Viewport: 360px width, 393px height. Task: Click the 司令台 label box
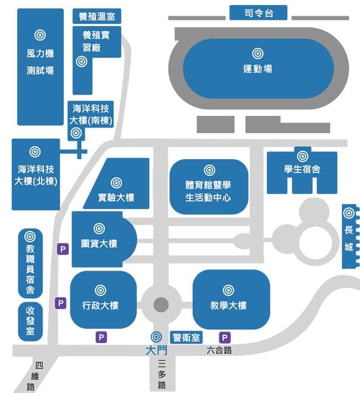258,13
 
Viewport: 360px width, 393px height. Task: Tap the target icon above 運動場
258,53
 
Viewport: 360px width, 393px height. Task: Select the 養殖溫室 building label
97,16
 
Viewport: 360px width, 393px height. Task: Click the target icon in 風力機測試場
40,35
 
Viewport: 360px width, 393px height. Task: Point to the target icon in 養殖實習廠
81,62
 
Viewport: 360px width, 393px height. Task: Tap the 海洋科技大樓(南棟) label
91,115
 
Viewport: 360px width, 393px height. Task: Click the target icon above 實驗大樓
116,183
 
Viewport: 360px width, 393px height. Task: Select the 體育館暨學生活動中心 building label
208,191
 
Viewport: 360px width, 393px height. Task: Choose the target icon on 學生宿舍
302,156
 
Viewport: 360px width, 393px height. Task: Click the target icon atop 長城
349,213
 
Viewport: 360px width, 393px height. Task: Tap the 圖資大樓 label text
99,244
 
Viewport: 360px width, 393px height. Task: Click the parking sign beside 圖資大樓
63,249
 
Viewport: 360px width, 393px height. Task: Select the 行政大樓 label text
100,305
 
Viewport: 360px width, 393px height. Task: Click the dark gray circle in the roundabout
161,305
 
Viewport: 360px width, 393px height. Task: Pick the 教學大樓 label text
228,305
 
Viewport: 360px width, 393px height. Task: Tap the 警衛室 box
187,338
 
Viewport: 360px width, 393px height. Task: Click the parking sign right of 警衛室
225,338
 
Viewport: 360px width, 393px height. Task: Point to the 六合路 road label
219,350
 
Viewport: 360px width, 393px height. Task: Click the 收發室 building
30,321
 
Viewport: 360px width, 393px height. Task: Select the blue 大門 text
157,350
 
